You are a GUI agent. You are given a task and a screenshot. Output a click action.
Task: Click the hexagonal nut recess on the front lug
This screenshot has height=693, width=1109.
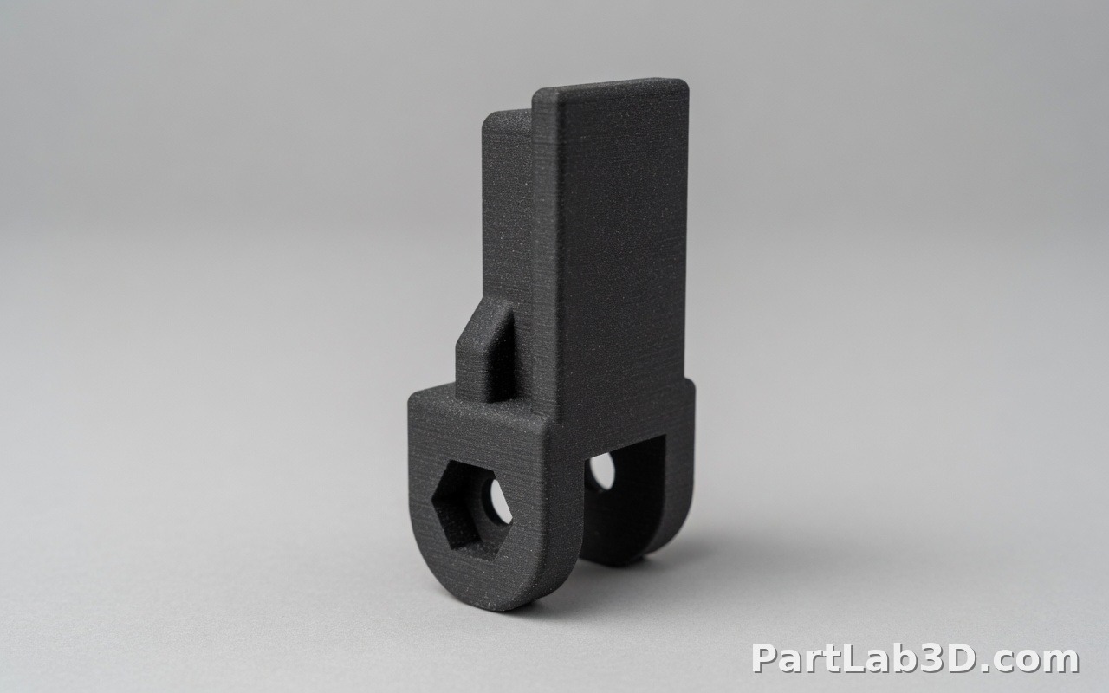[473, 510]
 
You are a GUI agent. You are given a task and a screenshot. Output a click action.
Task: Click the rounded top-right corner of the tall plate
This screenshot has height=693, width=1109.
[682, 83]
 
